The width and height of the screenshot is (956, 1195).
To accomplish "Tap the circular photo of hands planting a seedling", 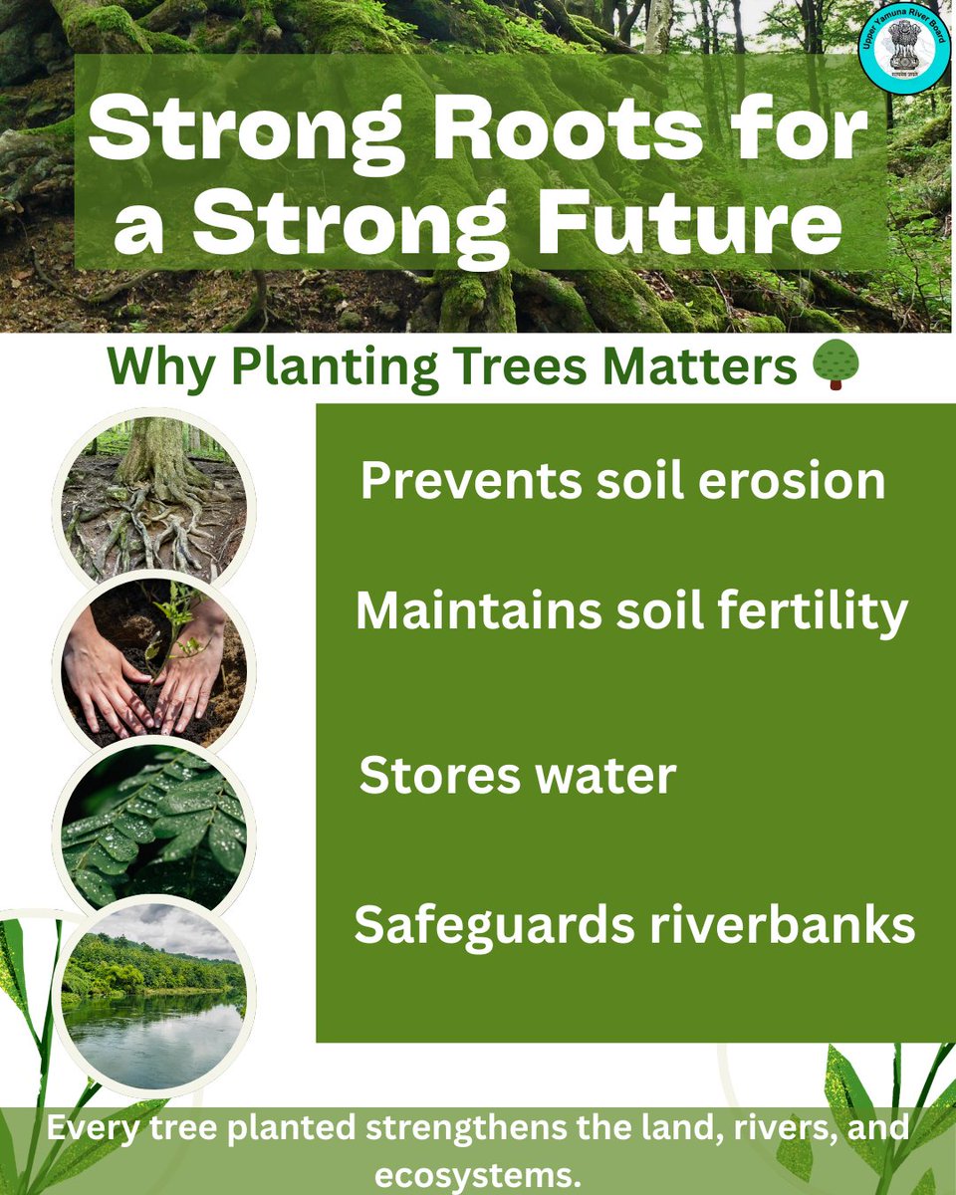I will (x=153, y=661).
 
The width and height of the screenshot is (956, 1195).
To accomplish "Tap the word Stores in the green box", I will (x=425, y=776).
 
